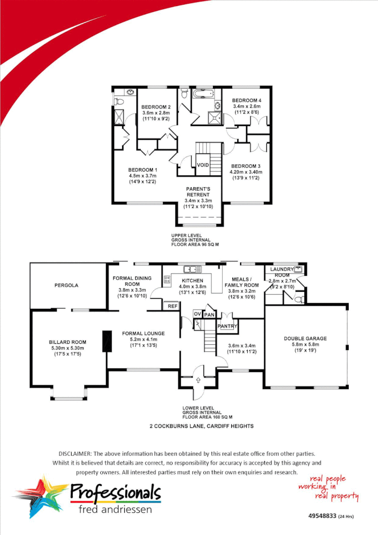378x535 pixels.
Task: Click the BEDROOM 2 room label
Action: point(155,107)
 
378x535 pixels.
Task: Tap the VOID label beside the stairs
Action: point(203,165)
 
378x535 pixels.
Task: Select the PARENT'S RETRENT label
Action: point(198,192)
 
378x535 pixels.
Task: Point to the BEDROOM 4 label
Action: point(247,100)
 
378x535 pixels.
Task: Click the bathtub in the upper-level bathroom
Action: point(205,94)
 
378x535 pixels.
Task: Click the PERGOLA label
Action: point(66,285)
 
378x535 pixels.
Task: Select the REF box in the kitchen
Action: point(172,305)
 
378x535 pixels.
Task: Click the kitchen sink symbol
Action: point(192,269)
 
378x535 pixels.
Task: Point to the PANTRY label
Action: point(227,326)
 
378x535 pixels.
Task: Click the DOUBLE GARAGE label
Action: point(305,339)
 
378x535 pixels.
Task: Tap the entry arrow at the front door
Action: point(198,380)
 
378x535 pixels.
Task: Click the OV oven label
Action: point(198,314)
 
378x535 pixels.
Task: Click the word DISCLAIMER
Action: point(75,454)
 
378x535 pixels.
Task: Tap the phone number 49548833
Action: point(322,516)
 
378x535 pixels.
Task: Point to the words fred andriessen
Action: point(115,509)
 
